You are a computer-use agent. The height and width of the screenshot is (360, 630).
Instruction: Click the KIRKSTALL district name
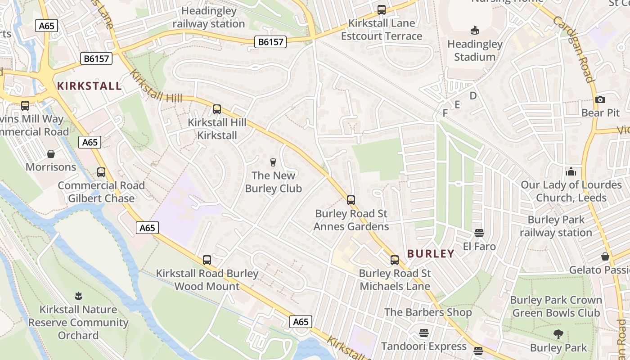click(90, 86)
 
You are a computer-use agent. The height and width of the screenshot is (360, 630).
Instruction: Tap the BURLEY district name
click(431, 254)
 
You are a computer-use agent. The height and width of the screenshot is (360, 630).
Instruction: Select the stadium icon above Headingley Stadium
click(474, 31)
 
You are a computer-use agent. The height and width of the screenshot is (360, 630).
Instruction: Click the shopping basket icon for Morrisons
click(51, 154)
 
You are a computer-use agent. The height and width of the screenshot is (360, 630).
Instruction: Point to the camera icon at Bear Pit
click(600, 99)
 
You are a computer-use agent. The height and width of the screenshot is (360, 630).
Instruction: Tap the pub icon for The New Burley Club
click(273, 162)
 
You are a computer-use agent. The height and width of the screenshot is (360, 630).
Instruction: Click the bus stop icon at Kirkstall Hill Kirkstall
click(217, 109)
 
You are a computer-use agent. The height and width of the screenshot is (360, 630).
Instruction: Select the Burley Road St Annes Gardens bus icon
click(351, 200)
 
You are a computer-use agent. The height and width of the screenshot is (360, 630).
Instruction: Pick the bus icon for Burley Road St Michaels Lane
click(395, 260)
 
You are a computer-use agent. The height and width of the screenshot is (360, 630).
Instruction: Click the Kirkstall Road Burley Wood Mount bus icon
click(207, 260)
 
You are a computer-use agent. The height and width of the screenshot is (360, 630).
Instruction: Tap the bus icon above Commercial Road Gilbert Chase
click(101, 172)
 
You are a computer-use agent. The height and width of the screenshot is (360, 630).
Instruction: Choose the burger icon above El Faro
click(479, 233)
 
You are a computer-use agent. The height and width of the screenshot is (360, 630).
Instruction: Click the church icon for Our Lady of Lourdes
click(571, 171)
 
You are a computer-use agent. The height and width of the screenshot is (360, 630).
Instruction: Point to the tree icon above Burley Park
click(558, 334)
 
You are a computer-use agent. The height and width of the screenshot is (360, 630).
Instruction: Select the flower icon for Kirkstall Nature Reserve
click(78, 296)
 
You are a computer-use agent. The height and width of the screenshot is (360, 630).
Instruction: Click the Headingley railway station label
click(209, 17)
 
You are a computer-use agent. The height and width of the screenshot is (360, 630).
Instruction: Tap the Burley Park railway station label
click(556, 226)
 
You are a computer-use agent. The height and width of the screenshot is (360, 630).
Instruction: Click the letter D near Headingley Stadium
click(473, 96)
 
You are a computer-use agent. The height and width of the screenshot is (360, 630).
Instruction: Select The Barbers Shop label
click(428, 312)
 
